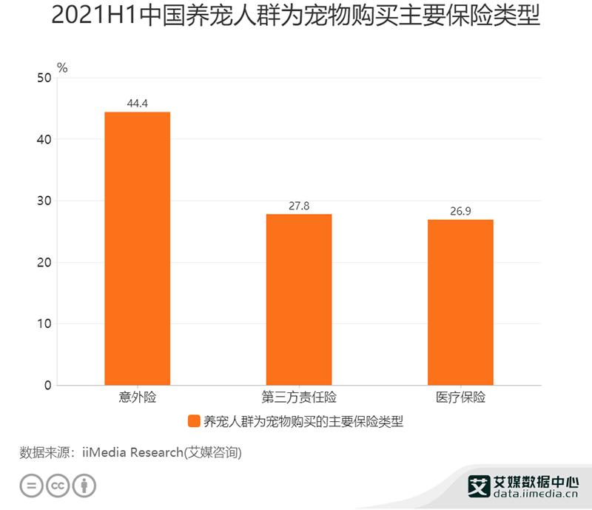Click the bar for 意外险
138,248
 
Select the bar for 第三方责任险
299,299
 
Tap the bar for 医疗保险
460,302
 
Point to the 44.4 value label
138,103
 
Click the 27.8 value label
299,205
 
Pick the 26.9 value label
460,211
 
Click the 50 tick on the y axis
44,78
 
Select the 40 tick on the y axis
44,139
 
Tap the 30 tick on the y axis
44,201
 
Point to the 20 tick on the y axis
44,262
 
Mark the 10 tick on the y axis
44,323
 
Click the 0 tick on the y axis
47,385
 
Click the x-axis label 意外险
138,397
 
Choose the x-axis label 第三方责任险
299,397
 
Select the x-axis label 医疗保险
460,397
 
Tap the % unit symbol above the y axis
62,67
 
